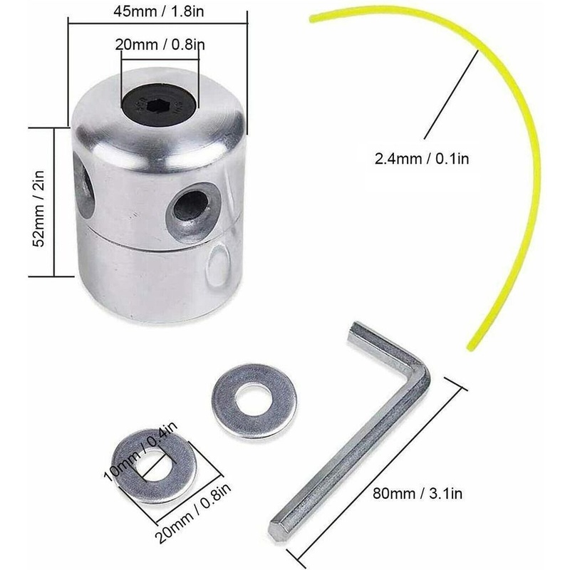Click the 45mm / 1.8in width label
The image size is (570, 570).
pos(158,11)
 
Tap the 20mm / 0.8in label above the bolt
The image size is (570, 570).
pos(160,45)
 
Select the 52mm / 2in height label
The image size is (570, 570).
pos(38,209)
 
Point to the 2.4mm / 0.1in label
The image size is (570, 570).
pos(422,159)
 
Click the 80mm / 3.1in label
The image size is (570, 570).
pos(418,493)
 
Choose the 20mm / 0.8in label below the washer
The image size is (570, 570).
pos(193,512)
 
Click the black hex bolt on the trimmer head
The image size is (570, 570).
pos(158,105)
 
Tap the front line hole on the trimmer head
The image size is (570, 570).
pos(192,206)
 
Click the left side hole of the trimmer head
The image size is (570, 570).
pos(84,185)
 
